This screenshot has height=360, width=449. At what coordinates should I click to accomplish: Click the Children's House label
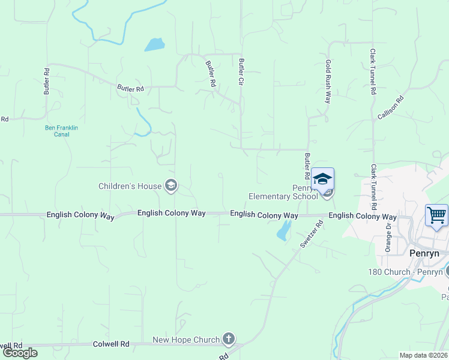tap(130, 186)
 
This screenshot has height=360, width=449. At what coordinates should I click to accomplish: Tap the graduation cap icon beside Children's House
tap(171, 185)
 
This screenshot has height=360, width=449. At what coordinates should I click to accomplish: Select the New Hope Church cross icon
tap(228, 340)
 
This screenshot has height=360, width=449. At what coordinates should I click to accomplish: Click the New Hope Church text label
tap(186, 340)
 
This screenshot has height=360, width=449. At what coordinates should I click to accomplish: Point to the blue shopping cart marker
tap(436, 214)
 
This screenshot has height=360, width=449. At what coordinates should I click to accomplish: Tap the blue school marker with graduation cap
tap(322, 179)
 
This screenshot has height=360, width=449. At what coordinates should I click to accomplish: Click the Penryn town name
tap(424, 253)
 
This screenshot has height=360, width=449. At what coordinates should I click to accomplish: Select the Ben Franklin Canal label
tap(62, 131)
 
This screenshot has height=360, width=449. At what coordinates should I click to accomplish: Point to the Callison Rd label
tap(391, 107)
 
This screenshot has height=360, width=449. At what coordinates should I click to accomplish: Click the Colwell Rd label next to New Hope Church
tap(111, 344)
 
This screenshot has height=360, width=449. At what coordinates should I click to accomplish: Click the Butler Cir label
tap(241, 71)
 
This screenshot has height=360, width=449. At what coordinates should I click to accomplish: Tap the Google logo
tap(20, 353)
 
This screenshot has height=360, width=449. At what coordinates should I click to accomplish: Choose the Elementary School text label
tap(283, 196)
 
